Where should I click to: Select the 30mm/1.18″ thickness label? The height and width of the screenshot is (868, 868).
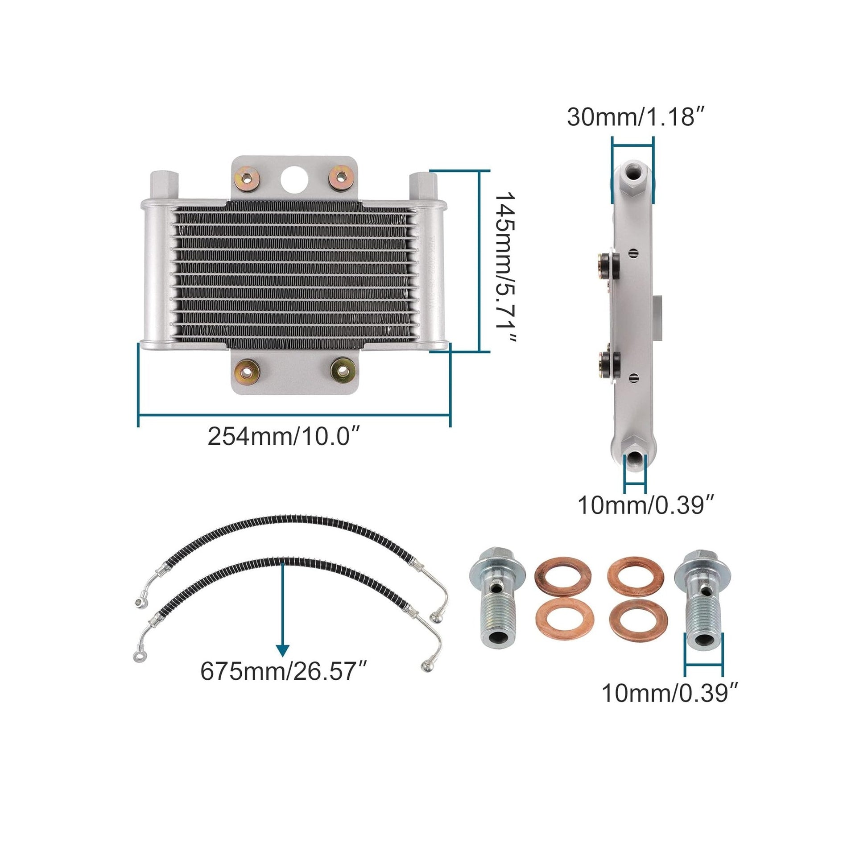coord(633,117)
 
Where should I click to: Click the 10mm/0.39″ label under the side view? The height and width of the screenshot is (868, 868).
coord(645,505)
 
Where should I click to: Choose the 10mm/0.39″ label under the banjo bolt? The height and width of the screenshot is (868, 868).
coord(670,706)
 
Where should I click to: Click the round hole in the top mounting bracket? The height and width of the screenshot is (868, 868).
coord(295,178)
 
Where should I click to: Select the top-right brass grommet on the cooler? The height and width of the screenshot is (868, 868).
coord(341,178)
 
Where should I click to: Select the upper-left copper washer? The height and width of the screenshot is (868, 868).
coord(563,576)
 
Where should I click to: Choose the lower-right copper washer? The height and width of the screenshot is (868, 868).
coord(638,620)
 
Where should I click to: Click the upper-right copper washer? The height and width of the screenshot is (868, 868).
coord(636,576)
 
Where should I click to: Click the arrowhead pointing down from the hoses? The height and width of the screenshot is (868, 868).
coord(282,651)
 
